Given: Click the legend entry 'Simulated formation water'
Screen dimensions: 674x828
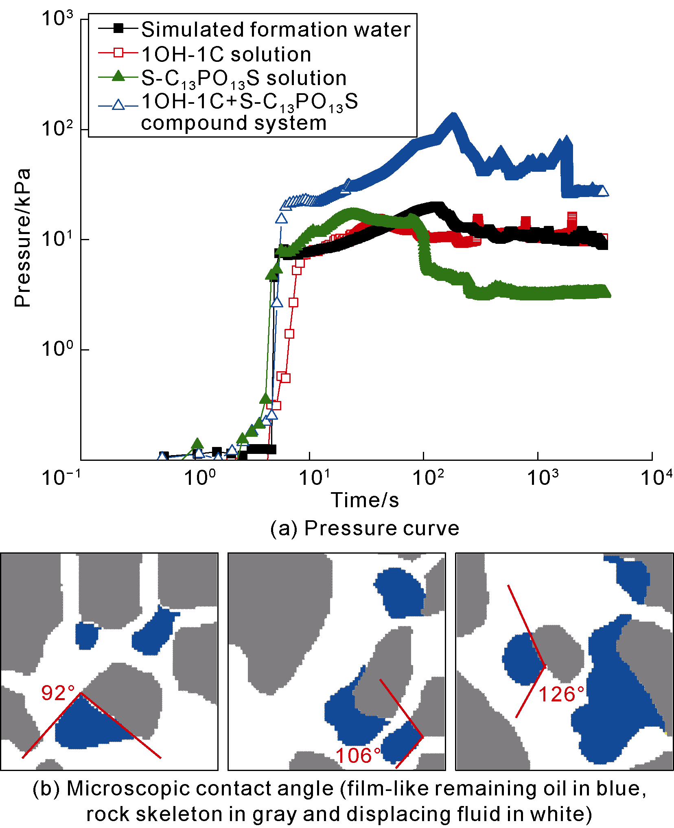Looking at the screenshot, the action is [276, 29].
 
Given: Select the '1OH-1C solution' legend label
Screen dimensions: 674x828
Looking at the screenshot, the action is [226, 54].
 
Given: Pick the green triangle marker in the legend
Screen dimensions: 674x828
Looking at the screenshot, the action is [118, 76].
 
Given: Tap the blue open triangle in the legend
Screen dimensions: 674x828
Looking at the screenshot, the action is [118, 105].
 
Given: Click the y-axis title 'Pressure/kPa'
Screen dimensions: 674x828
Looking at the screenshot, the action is [22, 238].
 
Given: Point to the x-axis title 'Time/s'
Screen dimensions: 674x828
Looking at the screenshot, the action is [365, 500].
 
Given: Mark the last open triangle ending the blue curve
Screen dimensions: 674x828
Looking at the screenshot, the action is [603, 191].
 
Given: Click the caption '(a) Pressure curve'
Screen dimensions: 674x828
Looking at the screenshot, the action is [365, 528].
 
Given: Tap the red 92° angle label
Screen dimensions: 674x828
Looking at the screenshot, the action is [58, 693].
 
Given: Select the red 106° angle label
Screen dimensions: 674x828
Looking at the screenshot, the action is [359, 756].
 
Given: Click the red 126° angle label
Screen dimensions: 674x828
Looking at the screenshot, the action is [562, 694].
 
